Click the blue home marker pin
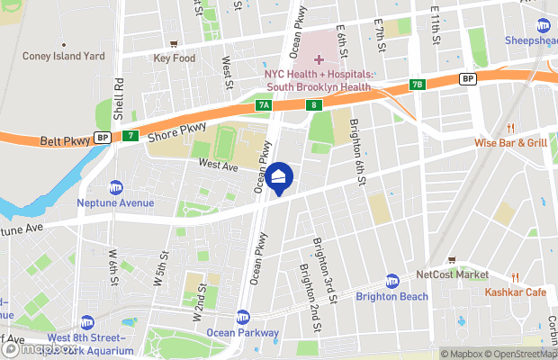(x=281, y=177)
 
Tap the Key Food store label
(x=174, y=58)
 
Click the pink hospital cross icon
(x=319, y=59)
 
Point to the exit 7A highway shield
(x=263, y=105)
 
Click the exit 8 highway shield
(x=312, y=105)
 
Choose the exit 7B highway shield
(x=417, y=85)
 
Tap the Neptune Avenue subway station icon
(x=116, y=187)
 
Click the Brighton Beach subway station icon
(x=391, y=281)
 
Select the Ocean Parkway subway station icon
(x=243, y=317)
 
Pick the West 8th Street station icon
(x=86, y=322)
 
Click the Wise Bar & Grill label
(x=511, y=142)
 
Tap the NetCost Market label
(x=452, y=274)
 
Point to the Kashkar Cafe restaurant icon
(x=515, y=276)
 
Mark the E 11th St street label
(x=435, y=25)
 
